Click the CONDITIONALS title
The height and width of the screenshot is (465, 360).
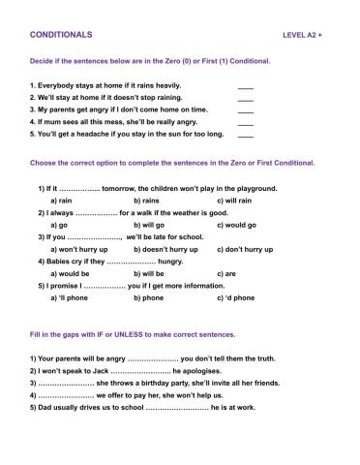[62, 34]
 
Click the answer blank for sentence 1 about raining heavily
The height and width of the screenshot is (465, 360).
[245, 86]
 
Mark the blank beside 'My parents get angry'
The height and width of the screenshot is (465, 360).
[245, 110]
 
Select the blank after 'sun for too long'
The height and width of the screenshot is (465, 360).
[245, 135]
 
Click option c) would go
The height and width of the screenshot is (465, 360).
[237, 225]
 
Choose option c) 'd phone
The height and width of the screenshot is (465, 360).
[236, 297]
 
